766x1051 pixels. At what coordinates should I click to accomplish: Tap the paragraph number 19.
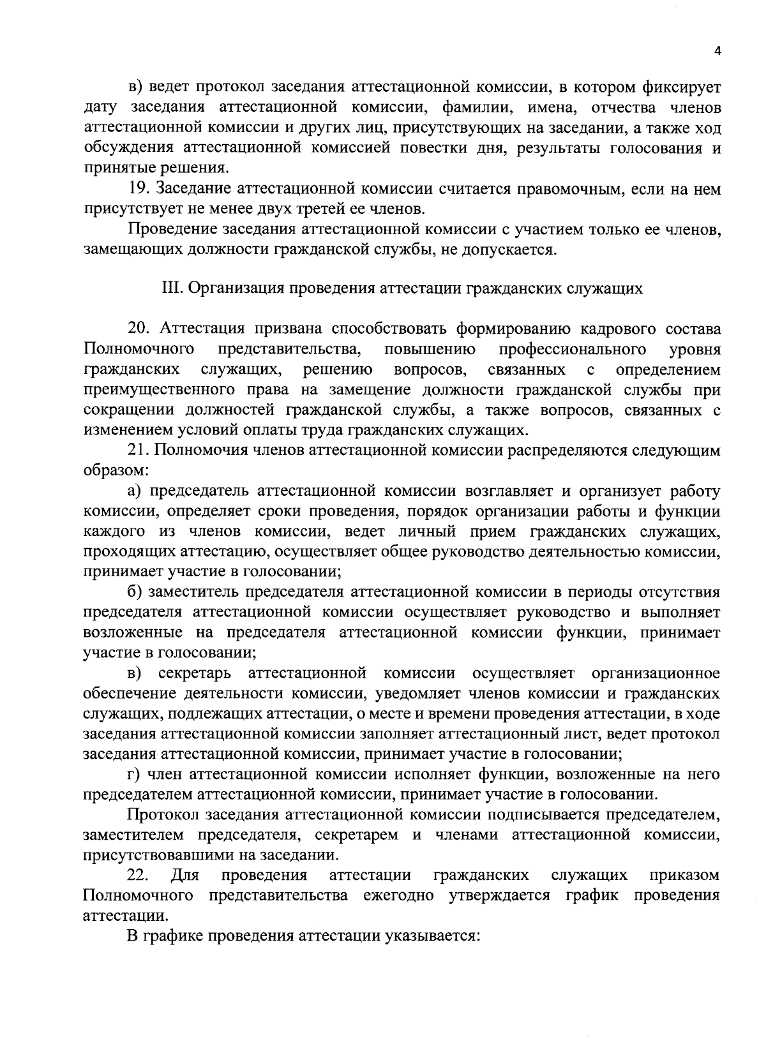pos(139,188)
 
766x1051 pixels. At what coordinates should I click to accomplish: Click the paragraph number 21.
pos(139,451)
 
